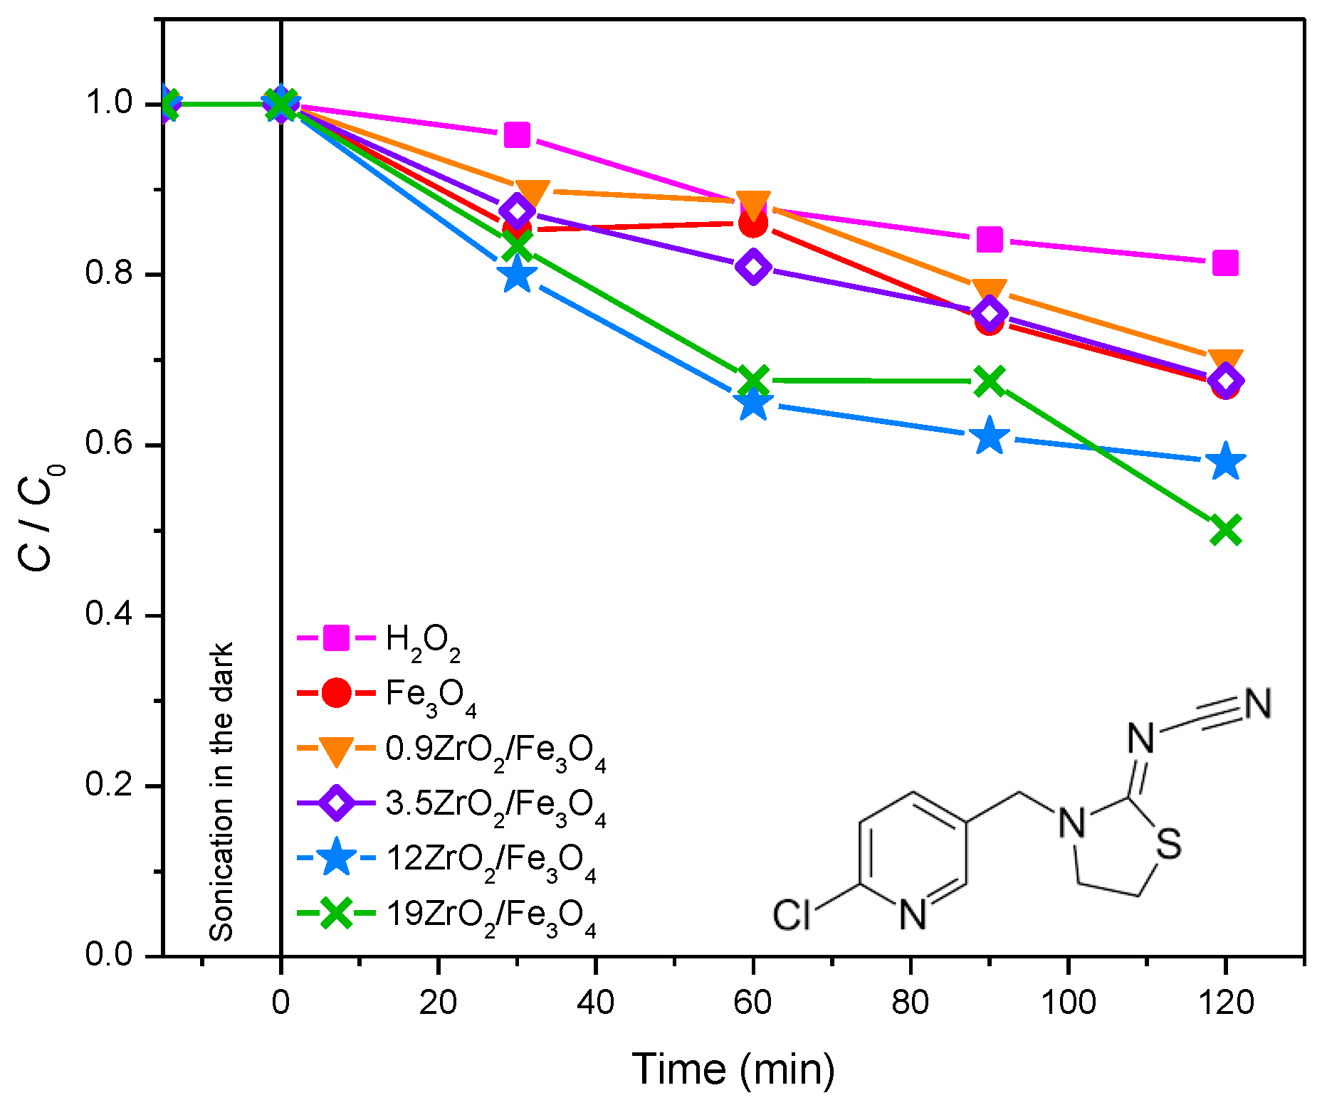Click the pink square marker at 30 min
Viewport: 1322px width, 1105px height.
click(518, 134)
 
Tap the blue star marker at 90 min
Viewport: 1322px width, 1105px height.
click(990, 437)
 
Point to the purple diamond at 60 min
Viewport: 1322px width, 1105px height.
click(753, 267)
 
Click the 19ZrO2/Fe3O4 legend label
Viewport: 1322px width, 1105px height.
click(490, 915)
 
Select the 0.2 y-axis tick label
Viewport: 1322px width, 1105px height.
click(109, 785)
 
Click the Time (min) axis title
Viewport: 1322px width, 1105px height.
click(733, 1069)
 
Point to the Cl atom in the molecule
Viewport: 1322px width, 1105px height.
click(792, 915)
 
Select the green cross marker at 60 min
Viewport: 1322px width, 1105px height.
click(753, 381)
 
